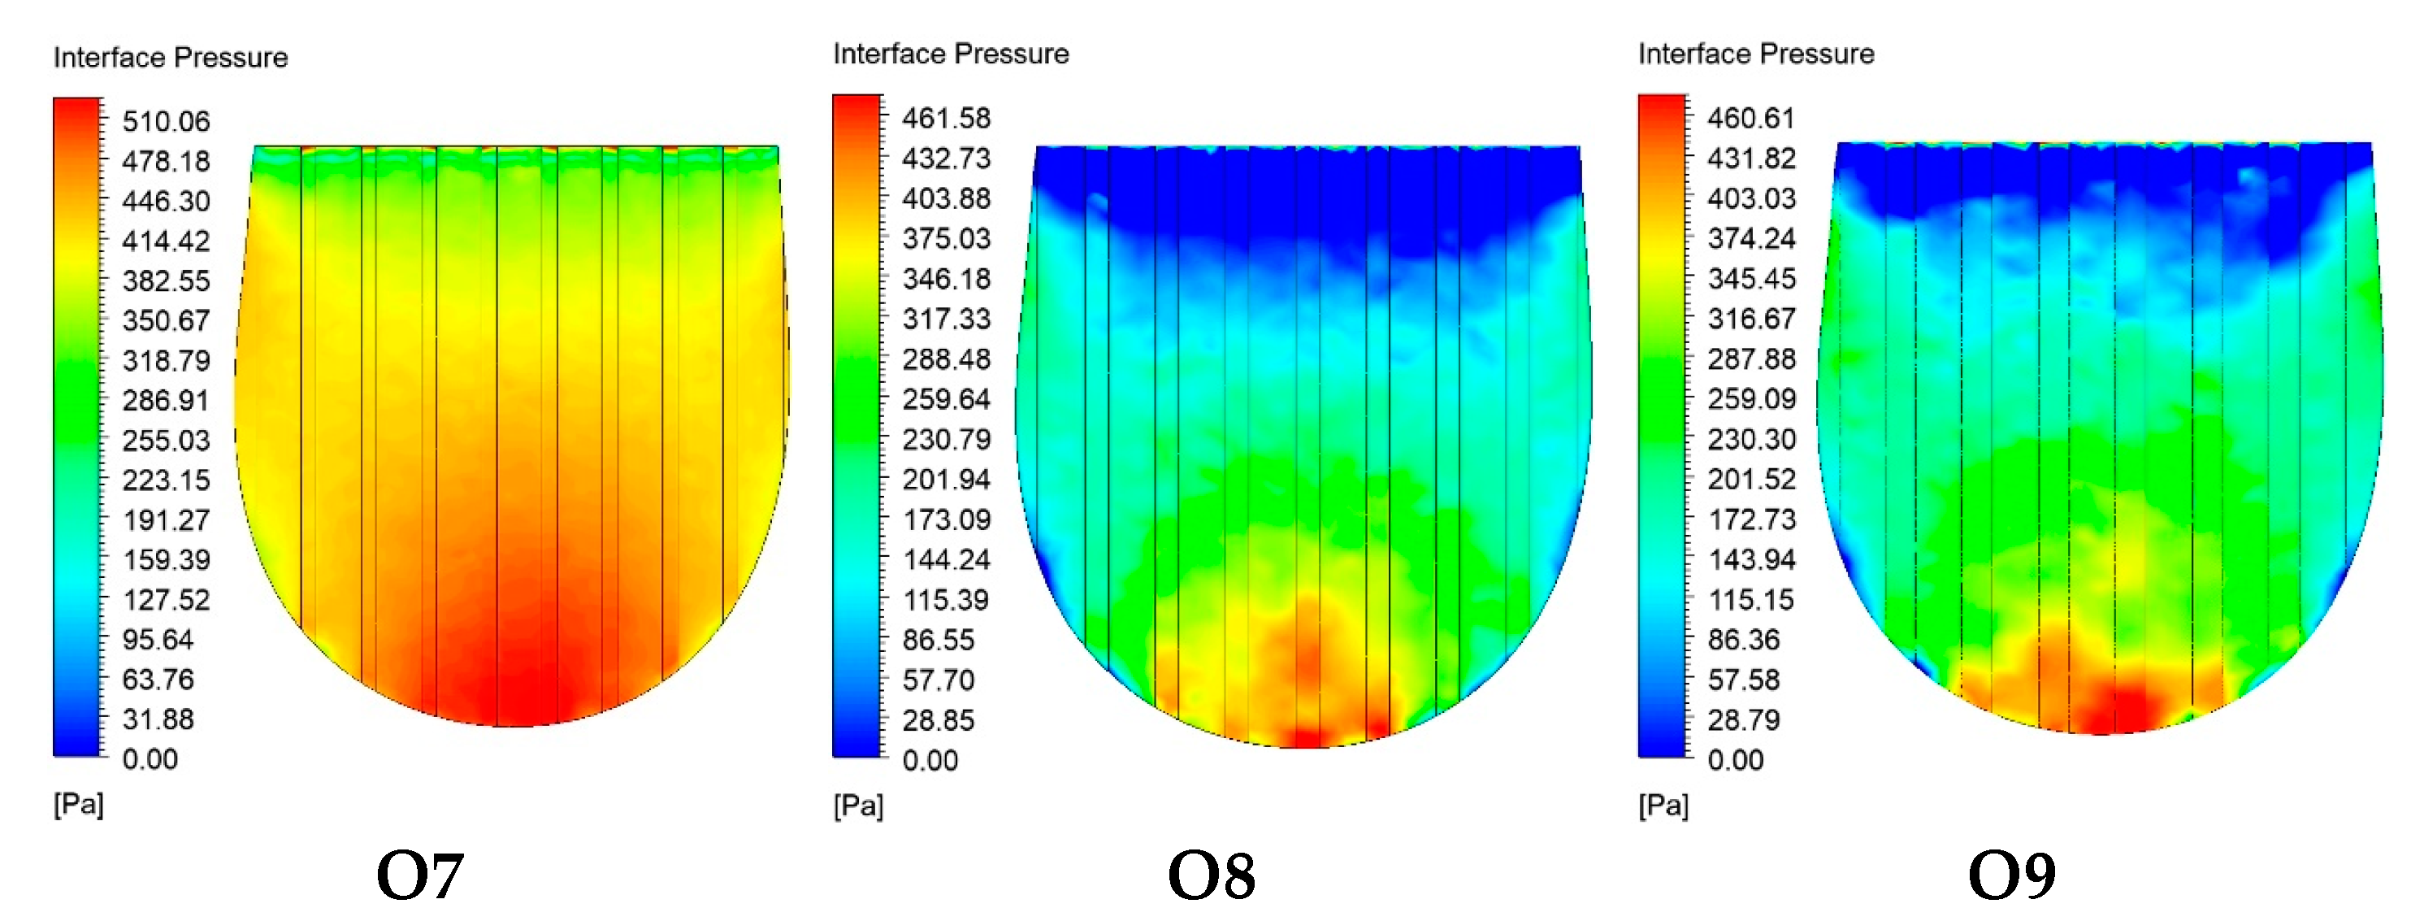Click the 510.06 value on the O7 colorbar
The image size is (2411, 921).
click(x=166, y=121)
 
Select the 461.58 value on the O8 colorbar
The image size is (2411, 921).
click(x=945, y=118)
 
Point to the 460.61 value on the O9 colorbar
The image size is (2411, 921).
click(x=1750, y=118)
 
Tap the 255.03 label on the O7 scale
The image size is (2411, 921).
click(x=166, y=440)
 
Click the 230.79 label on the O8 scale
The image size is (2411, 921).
click(x=945, y=439)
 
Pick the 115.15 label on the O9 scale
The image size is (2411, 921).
click(x=1750, y=599)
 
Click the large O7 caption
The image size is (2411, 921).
click(x=419, y=876)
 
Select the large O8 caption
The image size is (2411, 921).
click(x=1211, y=876)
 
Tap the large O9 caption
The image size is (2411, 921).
click(x=2011, y=876)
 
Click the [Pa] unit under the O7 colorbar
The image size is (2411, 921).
click(x=79, y=803)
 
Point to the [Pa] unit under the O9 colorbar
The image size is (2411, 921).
click(x=1663, y=805)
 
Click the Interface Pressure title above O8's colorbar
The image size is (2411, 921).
click(x=950, y=54)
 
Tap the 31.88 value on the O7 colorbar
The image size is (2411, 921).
click(x=158, y=719)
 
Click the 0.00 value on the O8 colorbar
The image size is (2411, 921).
click(x=930, y=760)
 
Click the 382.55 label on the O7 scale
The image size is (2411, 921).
click(x=166, y=280)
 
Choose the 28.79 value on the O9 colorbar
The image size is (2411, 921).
click(x=1743, y=719)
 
